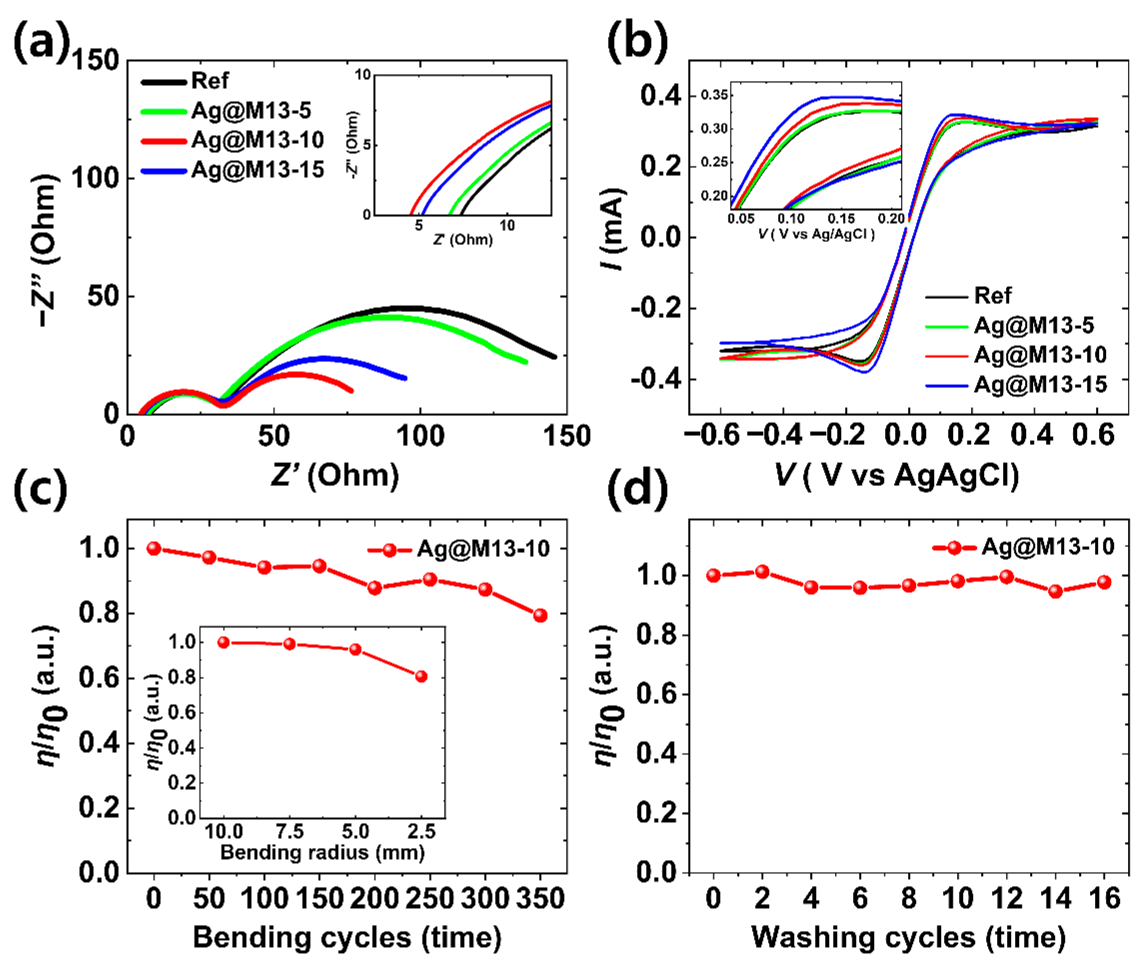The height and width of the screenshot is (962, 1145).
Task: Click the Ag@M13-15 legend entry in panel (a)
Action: pyautogui.click(x=257, y=170)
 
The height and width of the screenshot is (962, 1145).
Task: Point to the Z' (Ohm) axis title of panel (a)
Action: pyautogui.click(x=335, y=476)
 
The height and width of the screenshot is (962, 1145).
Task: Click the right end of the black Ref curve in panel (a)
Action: pyautogui.click(x=554, y=357)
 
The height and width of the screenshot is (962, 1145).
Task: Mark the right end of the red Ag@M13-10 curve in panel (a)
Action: pyautogui.click(x=351, y=390)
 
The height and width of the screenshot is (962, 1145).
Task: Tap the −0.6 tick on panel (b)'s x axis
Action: pyautogui.click(x=712, y=435)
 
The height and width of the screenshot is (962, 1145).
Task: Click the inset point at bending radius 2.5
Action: pyautogui.click(x=421, y=676)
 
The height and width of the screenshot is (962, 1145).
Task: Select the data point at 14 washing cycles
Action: pyautogui.click(x=1056, y=591)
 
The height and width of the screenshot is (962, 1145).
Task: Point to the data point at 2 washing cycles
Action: pyautogui.click(x=762, y=572)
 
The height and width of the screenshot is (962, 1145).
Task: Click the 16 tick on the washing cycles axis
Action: pyautogui.click(x=1104, y=898)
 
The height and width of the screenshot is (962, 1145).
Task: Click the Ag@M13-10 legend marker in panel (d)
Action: pyautogui.click(x=954, y=547)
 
